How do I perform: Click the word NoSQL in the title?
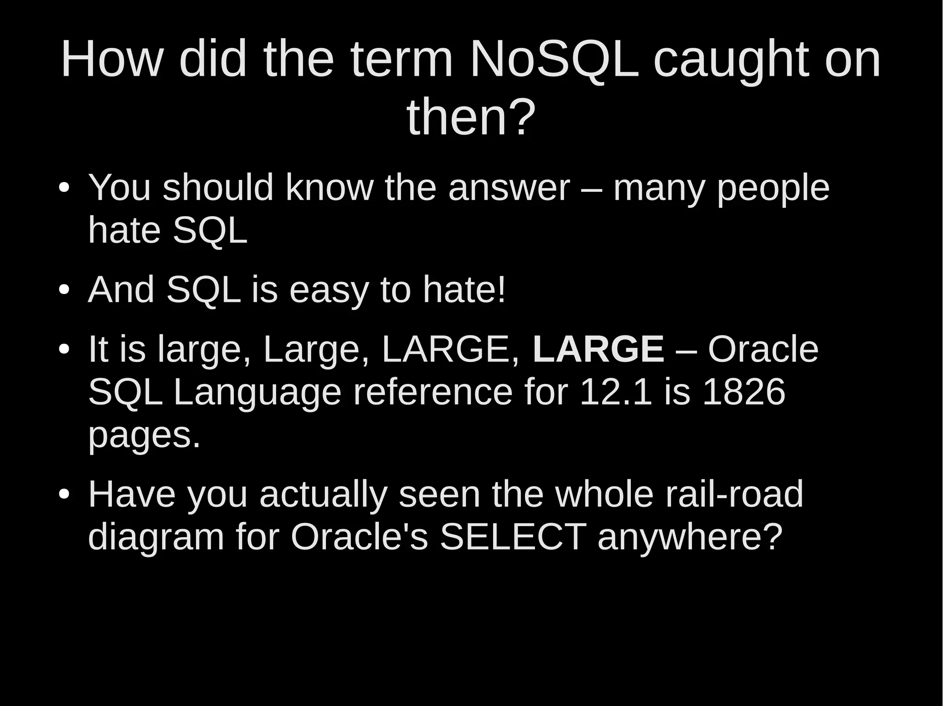coord(554,60)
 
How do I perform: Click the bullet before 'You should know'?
coord(64,189)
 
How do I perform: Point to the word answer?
coord(509,189)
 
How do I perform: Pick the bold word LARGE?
coord(598,350)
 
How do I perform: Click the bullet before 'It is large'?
coord(64,350)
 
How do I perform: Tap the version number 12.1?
coord(616,392)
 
